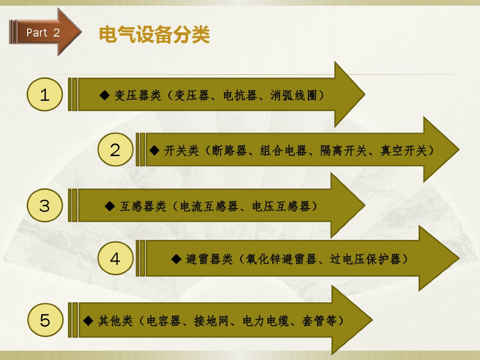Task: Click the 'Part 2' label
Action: [x=43, y=32]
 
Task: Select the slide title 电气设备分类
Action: [x=154, y=34]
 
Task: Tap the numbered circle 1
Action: [x=45, y=95]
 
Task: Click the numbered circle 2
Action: [x=115, y=150]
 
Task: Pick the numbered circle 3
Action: [x=45, y=205]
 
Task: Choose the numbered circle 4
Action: [x=115, y=258]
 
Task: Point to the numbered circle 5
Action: [x=45, y=320]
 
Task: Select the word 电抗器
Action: [x=240, y=96]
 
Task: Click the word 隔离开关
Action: [x=343, y=151]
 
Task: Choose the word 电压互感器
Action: [x=281, y=206]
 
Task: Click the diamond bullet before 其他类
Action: [x=89, y=321]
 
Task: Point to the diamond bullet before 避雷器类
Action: [x=176, y=259]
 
